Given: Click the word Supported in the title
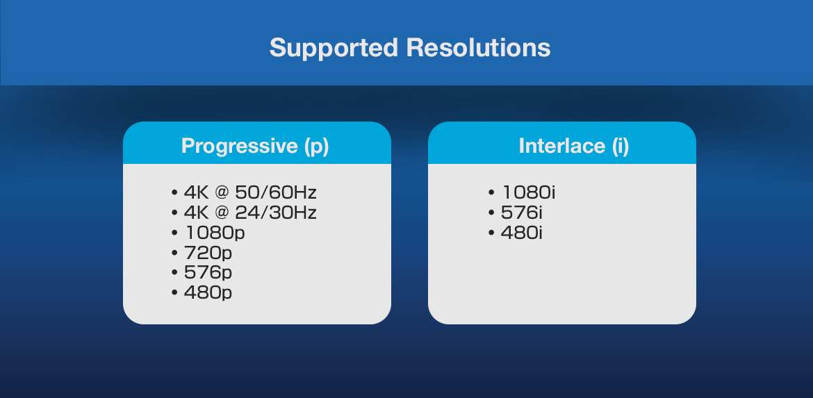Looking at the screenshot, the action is [x=334, y=49].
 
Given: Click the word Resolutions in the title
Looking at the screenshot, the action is [x=478, y=48].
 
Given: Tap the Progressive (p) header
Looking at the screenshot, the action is [x=255, y=147].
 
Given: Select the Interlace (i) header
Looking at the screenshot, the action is [x=574, y=146].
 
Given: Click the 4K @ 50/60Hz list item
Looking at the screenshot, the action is [x=250, y=193].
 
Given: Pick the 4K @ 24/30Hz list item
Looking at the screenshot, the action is [x=250, y=213].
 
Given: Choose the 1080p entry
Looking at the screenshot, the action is [x=214, y=233].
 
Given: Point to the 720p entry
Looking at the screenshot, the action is [x=208, y=254].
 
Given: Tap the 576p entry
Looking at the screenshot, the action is [x=208, y=273].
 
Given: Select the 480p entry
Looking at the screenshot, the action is [x=208, y=293].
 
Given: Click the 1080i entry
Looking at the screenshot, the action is [x=528, y=193].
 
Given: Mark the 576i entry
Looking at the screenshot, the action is [x=522, y=213].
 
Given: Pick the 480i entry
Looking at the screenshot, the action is [x=522, y=233].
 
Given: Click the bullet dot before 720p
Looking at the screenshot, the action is [x=174, y=254].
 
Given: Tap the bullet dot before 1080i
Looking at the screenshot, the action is [x=491, y=193].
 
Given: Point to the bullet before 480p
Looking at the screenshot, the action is [x=174, y=293].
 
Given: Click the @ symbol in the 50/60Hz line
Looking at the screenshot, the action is [x=221, y=193].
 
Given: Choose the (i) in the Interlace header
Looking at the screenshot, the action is [x=620, y=147].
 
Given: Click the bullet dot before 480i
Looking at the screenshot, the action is [x=491, y=233].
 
